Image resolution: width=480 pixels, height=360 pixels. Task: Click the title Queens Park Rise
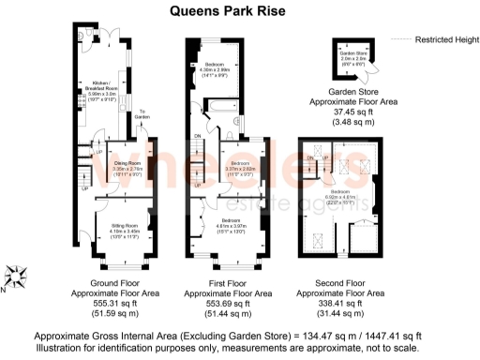click(x=239, y=11)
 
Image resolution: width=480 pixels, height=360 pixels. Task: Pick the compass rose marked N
click(x=15, y=277)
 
